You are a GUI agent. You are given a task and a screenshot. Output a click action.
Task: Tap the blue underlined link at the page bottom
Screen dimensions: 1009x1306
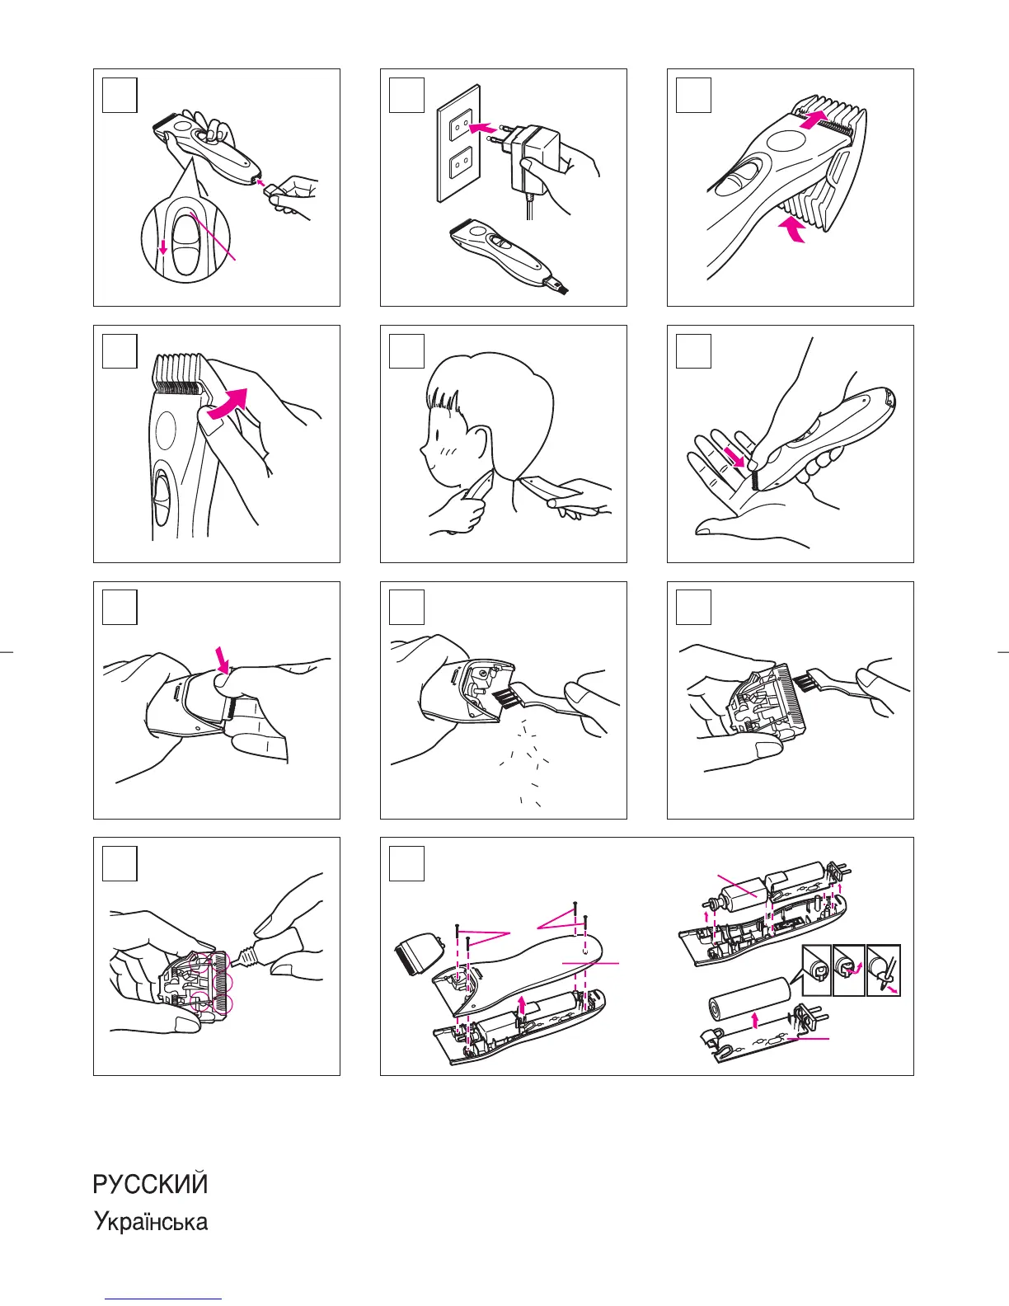coord(163,1299)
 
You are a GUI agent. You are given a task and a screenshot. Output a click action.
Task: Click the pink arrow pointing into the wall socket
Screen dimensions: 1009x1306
coord(483,128)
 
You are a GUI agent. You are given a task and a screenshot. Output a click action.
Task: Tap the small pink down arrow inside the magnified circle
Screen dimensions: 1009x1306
coord(162,247)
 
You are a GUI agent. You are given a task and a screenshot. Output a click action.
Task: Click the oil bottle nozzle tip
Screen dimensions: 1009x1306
coord(235,962)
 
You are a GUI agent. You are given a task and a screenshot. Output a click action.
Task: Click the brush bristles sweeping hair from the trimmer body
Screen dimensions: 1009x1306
coord(504,698)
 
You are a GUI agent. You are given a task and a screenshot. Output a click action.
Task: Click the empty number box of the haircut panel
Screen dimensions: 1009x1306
coord(407,351)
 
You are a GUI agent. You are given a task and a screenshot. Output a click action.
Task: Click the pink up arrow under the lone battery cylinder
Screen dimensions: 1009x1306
coord(755,1018)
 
